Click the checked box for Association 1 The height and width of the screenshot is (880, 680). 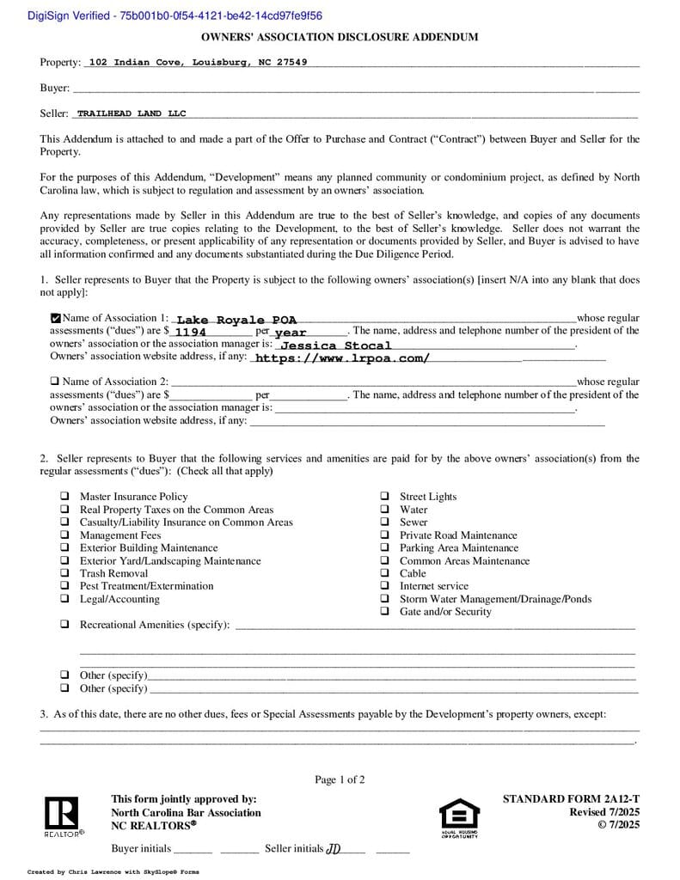point(56,318)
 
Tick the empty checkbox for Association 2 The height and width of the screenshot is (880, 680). point(55,382)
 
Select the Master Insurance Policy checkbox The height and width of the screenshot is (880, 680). point(65,497)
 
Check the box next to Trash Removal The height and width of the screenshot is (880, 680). point(65,573)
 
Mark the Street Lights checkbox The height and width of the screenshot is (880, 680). point(384,497)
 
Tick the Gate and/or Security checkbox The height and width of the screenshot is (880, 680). point(384,612)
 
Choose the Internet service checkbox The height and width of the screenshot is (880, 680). point(384,586)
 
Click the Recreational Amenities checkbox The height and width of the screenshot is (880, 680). point(65,625)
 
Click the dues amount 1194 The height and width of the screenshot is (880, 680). point(190,332)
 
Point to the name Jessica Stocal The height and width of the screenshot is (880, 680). point(336,345)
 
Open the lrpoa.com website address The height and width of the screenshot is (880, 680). point(342,358)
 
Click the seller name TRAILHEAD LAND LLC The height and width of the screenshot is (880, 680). point(131,113)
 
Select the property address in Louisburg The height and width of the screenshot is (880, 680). point(198,63)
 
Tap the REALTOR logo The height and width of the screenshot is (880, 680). point(63,816)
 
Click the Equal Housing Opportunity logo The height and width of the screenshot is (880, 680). point(459,817)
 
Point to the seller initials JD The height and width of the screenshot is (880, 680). point(334,849)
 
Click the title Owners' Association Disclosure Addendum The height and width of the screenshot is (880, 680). point(340,37)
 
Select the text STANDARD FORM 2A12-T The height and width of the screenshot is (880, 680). point(571,799)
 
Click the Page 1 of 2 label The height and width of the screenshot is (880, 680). point(340,779)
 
